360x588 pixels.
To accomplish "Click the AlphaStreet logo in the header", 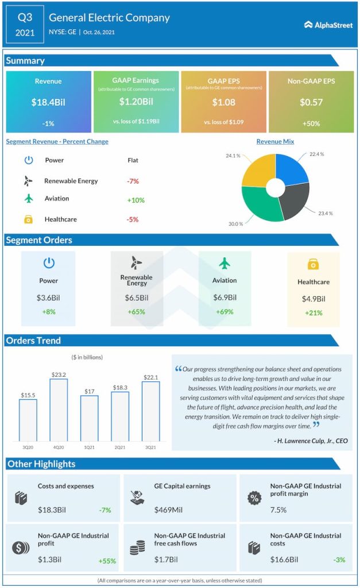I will click(328, 25).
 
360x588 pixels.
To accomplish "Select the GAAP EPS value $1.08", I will click(223, 102).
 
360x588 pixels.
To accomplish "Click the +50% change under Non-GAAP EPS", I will click(310, 123).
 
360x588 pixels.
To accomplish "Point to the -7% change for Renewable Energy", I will click(133, 181).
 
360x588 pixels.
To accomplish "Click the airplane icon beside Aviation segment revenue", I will click(29, 199).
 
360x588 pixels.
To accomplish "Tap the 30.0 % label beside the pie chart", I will click(236, 223).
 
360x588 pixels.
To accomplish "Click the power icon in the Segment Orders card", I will click(49, 263).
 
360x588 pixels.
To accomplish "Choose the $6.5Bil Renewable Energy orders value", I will click(137, 298).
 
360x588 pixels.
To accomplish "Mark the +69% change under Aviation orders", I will click(224, 312).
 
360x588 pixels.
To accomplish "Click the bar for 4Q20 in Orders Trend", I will click(59, 409).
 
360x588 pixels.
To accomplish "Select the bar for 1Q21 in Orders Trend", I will click(89, 417).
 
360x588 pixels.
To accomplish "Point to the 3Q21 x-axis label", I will click(150, 447).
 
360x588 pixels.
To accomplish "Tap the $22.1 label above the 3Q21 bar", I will click(150, 377).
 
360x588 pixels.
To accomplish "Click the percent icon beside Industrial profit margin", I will click(253, 497).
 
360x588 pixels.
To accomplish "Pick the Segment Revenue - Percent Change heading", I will click(57, 141).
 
